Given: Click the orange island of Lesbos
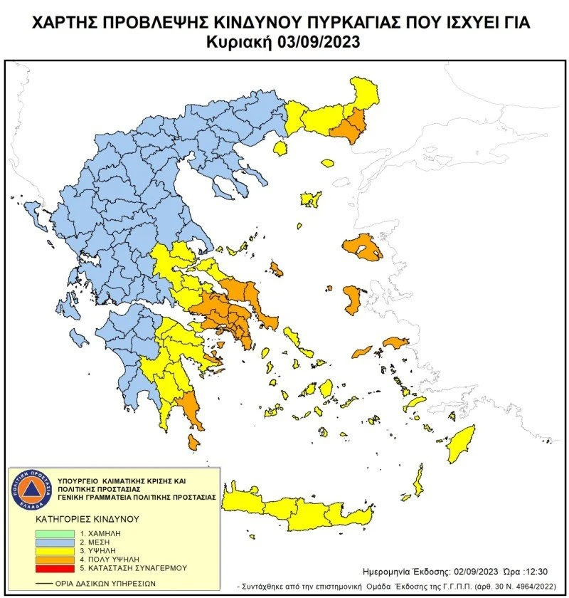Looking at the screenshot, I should pyautogui.click(x=361, y=247).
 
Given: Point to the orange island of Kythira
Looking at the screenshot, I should pyautogui.click(x=193, y=442).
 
